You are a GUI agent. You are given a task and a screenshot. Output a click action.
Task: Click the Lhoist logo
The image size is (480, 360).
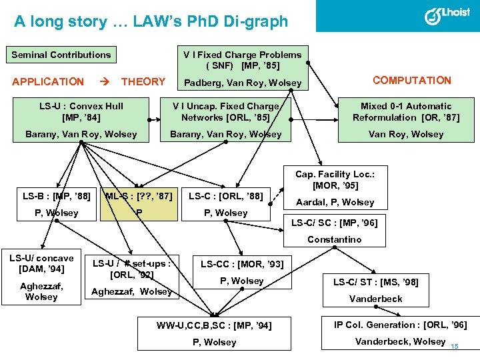[446, 15]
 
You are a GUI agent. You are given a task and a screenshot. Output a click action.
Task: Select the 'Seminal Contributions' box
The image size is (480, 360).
[61, 55]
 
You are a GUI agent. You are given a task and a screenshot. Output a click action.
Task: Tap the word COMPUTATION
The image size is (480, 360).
[411, 81]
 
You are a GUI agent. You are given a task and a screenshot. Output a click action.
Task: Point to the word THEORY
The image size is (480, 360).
[143, 82]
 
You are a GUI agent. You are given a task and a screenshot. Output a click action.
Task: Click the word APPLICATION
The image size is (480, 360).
[48, 82]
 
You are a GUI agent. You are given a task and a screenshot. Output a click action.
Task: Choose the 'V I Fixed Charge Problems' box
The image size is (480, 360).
[243, 60]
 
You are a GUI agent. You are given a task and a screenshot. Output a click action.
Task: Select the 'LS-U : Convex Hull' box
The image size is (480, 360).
[81, 111]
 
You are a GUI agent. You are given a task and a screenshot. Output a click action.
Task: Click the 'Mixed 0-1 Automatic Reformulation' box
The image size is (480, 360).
[405, 111]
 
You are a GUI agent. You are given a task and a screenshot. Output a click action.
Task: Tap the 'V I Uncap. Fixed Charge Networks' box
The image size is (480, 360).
[225, 111]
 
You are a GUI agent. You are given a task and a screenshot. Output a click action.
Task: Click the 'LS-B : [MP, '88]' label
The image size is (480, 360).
[57, 196]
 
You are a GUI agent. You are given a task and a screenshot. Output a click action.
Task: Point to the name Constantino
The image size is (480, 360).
[334, 239]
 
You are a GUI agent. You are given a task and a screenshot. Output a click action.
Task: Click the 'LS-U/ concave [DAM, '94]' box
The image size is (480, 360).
[41, 263]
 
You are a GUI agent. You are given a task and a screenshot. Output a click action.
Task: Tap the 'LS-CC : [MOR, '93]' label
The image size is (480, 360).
[242, 265]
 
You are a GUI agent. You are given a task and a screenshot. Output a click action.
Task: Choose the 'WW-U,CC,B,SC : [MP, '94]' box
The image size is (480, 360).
[215, 326]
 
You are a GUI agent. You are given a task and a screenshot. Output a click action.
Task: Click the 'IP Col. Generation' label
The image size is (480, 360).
[401, 325]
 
